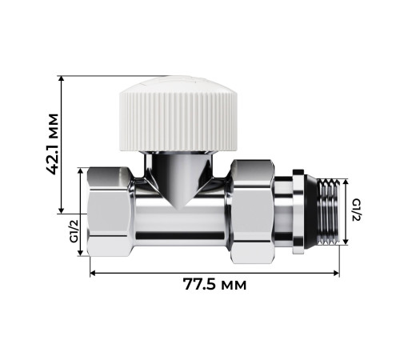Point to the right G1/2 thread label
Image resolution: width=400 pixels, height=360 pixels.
point(358,210)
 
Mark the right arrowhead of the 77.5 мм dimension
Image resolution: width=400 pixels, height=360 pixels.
point(337,273)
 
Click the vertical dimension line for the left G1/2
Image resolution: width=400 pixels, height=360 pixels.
point(81,212)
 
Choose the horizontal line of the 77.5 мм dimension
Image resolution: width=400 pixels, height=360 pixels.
point(160,273)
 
